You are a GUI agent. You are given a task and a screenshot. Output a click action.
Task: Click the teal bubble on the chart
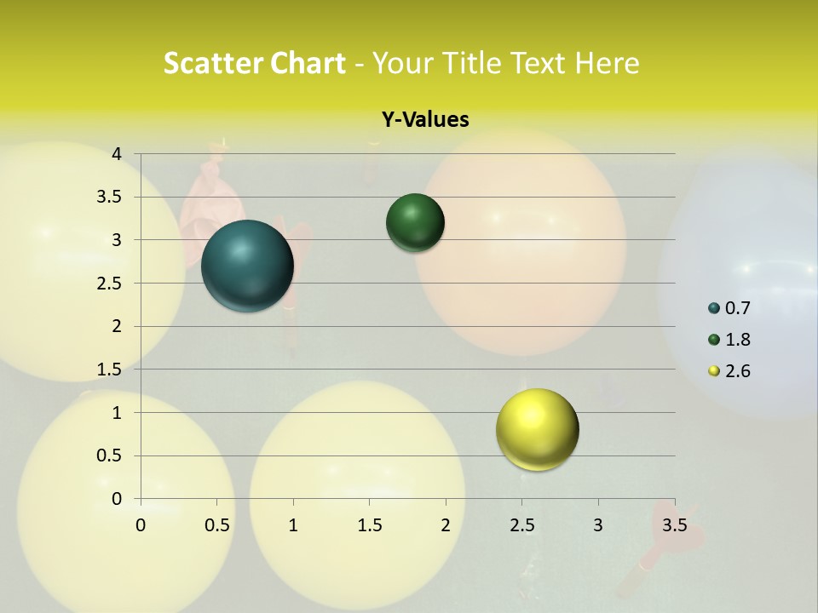[x=247, y=266]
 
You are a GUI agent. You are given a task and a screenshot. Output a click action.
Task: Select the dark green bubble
[x=415, y=223]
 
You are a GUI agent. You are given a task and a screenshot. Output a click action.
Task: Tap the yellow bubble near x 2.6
[x=537, y=429]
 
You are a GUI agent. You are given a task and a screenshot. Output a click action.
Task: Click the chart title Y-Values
[x=425, y=120]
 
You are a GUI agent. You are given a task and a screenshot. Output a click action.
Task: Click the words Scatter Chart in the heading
[x=254, y=63]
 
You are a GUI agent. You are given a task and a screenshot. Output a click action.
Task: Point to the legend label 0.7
[x=738, y=308]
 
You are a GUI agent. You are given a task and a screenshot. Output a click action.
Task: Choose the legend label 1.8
[x=738, y=340]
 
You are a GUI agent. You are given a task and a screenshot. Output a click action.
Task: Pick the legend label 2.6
[x=738, y=371]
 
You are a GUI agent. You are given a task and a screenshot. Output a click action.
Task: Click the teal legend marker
[x=714, y=308]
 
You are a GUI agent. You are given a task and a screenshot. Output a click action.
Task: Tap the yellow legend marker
[x=714, y=371]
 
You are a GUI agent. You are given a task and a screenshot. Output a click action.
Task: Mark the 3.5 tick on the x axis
[x=674, y=525]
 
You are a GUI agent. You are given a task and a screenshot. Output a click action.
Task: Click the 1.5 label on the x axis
[x=369, y=525]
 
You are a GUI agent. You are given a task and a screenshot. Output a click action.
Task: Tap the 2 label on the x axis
[x=446, y=525]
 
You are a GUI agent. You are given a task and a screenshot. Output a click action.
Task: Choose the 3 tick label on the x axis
[x=598, y=525]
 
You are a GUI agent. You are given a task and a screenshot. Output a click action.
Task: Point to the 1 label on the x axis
[x=293, y=525]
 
